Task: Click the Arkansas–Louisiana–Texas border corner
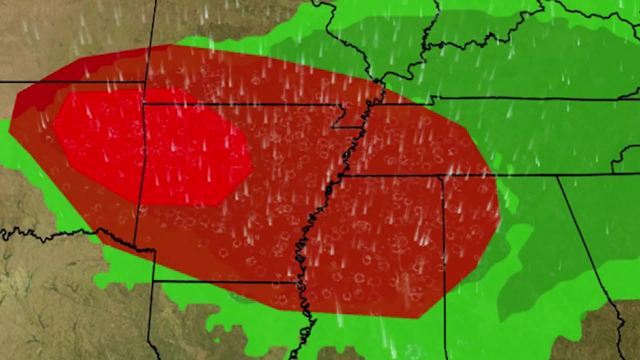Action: pyautogui.click(x=154, y=282)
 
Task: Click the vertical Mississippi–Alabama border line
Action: pyautogui.click(x=444, y=250)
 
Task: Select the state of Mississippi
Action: pyautogui.click(x=383, y=250)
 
